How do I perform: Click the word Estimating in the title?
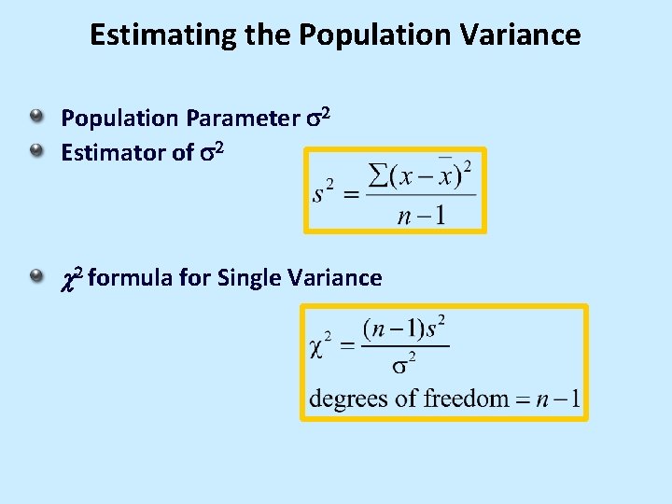(143, 35)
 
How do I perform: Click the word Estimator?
(113, 152)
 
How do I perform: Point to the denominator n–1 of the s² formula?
(421, 217)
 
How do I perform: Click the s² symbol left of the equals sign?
(324, 193)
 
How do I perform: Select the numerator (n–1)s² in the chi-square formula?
(405, 329)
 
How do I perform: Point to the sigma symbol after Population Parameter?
(313, 119)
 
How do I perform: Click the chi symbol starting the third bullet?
(66, 278)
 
